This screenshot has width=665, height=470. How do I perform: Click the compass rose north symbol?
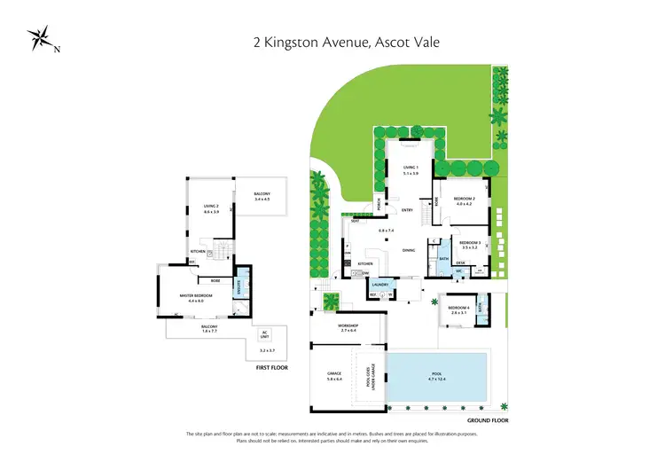coord(40,39)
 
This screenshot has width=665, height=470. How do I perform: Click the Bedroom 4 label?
coord(458,309)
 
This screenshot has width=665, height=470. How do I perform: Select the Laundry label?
coord(380,285)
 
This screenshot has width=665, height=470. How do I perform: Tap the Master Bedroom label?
coord(190,299)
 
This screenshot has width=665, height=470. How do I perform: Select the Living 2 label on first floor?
coord(210,208)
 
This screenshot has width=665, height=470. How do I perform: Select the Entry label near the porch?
coord(407,210)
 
